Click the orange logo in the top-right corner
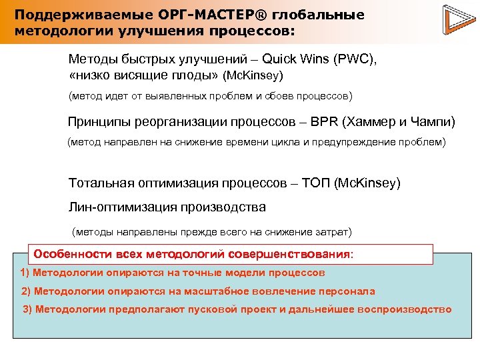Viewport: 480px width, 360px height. tap(454, 21)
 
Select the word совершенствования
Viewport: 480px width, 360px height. tap(289, 255)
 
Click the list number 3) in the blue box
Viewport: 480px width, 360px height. tap(28, 309)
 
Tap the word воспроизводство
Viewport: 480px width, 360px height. tap(405, 309)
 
